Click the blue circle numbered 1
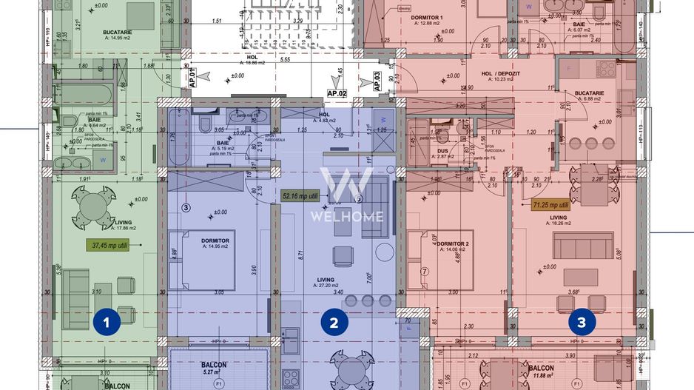point(107,322)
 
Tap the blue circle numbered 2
point(334,322)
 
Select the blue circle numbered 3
point(582,322)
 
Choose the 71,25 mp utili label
point(550,205)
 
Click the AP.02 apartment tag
point(337,93)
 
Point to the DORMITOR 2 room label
point(453,243)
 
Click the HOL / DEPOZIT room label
point(497,74)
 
